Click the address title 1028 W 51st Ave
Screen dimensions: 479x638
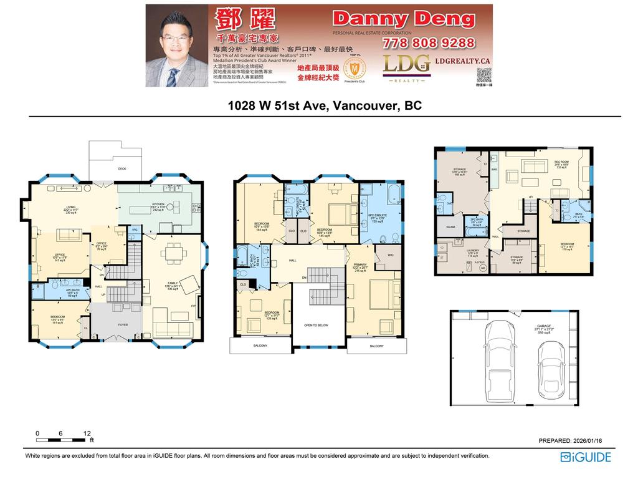[324, 105]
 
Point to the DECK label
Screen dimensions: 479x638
[122, 168]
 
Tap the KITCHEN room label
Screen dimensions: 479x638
[158, 204]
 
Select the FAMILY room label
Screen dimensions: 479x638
[167, 284]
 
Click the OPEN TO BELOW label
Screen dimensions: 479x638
[317, 325]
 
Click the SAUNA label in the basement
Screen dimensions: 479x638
[450, 228]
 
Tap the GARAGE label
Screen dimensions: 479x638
[544, 326]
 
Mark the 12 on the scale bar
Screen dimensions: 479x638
[87, 433]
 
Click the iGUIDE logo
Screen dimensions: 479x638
[586, 457]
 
